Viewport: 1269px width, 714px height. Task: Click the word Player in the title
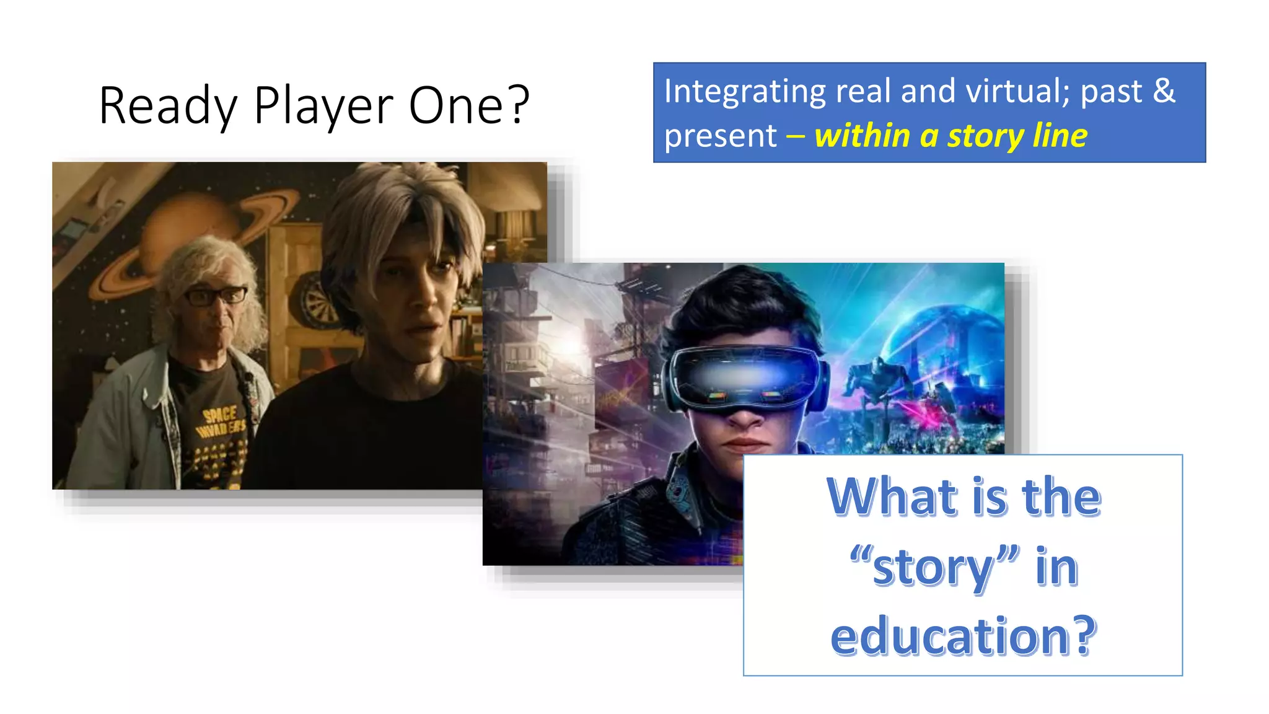[323, 106]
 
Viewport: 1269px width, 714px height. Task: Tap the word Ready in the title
[168, 106]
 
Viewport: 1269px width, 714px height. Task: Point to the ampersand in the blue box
[1164, 90]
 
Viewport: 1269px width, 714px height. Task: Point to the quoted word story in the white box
[933, 566]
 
